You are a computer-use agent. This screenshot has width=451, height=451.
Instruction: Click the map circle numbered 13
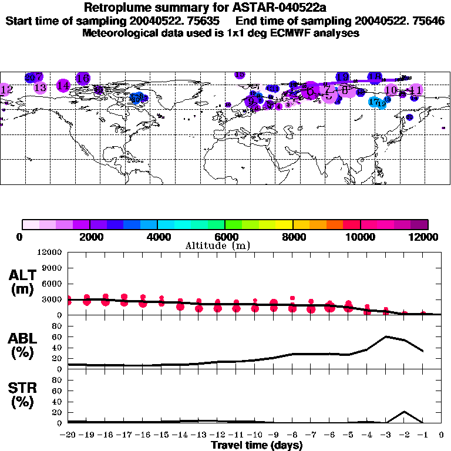click(x=40, y=87)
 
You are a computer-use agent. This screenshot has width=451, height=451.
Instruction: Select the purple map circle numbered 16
click(x=83, y=78)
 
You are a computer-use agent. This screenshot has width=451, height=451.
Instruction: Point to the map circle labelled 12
click(x=6, y=90)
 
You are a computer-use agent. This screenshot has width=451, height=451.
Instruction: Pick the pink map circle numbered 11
click(x=416, y=90)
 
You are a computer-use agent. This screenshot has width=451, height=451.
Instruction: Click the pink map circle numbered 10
click(x=391, y=90)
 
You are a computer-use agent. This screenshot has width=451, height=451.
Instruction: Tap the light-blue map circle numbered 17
click(x=373, y=102)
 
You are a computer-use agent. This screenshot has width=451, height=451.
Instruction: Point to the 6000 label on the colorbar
click(x=225, y=237)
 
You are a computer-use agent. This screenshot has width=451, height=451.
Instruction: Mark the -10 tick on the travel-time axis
click(x=254, y=435)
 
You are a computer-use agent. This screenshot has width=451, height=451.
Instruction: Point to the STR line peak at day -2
click(x=404, y=411)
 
